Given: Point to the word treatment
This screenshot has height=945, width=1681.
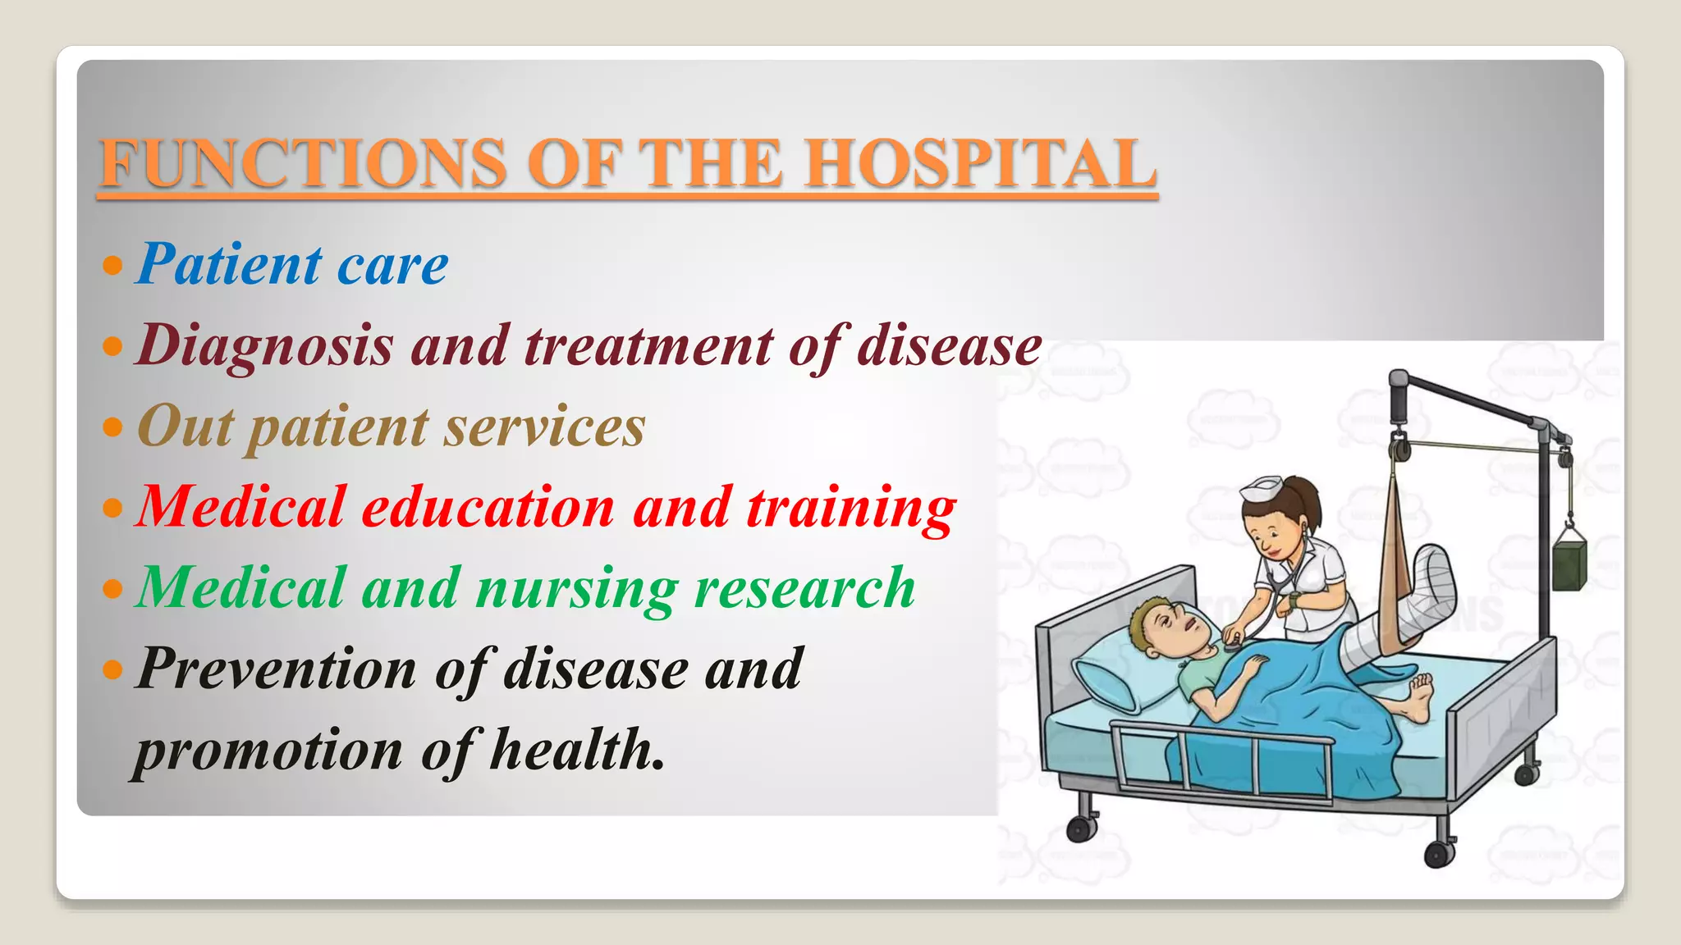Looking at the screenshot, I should tap(648, 345).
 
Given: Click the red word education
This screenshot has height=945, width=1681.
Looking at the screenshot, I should tap(488, 507).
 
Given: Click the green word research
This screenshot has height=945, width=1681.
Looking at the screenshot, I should tap(804, 587).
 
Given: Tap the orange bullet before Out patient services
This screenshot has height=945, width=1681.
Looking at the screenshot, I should tap(112, 427).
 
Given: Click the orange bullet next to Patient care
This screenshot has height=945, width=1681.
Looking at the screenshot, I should tap(112, 265).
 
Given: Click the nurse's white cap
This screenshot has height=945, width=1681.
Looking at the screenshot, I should tap(1261, 490).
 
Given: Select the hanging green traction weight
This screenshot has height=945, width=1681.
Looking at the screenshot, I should tap(1569, 559).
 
